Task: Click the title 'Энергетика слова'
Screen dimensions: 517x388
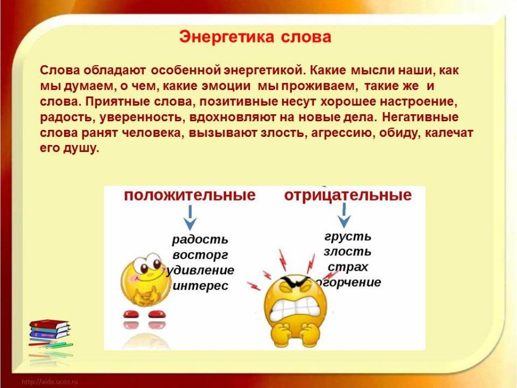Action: [x=255, y=37]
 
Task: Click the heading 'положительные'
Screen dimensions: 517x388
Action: [x=190, y=195]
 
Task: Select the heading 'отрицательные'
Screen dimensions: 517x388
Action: [x=348, y=195]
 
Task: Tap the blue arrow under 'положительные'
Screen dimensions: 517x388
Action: [x=190, y=218]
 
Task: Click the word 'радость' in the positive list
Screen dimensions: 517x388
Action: [x=200, y=239]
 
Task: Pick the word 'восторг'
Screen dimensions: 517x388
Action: [x=200, y=255]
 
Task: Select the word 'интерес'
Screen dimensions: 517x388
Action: [x=200, y=286]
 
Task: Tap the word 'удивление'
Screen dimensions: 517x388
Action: [x=201, y=271]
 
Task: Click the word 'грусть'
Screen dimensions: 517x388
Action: [x=348, y=236]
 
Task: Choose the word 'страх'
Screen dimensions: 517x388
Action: [x=348, y=267]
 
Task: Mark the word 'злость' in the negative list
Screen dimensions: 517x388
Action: [x=347, y=252]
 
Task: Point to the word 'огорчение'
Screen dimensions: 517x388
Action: [x=348, y=282]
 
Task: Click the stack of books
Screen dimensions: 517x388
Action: [x=49, y=330]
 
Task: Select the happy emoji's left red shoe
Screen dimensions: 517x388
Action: [x=131, y=313]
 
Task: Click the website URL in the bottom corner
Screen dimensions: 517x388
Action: [x=50, y=382]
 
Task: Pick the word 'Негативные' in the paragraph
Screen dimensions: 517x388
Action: [x=421, y=117]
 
